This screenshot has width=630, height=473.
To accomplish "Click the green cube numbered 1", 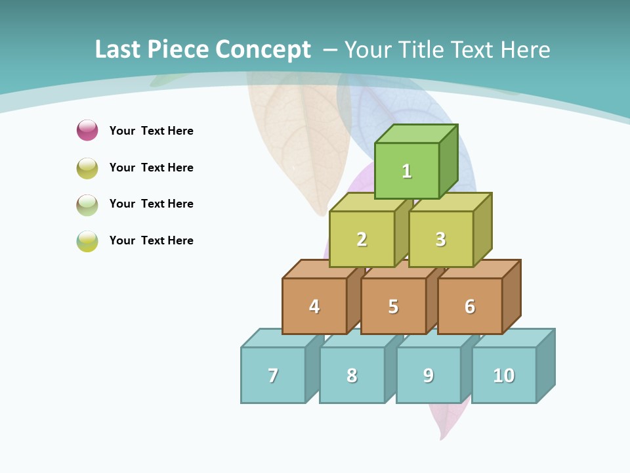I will (407, 171).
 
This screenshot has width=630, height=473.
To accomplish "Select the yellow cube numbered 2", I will (362, 239).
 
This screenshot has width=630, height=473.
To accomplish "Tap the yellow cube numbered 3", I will (440, 239).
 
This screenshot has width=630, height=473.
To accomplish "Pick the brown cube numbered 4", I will (314, 306).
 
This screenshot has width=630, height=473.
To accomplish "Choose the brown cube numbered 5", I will (393, 306).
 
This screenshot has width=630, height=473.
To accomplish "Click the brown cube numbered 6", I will (470, 306).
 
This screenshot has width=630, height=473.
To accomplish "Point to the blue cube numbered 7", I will (273, 375).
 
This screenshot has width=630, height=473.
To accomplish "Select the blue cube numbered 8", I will (352, 375).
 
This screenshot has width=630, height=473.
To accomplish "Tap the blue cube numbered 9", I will (429, 375).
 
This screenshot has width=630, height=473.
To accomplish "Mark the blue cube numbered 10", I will (504, 375).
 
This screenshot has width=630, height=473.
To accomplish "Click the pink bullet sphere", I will (87, 130).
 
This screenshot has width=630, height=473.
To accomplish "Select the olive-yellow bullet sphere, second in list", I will (87, 168).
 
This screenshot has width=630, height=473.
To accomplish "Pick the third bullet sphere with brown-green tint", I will (87, 204).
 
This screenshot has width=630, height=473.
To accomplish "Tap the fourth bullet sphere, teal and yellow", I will (87, 241).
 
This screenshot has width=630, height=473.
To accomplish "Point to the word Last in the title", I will (118, 50).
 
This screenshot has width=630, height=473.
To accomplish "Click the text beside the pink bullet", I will (152, 131).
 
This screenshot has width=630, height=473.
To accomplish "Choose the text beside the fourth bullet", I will (152, 240).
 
